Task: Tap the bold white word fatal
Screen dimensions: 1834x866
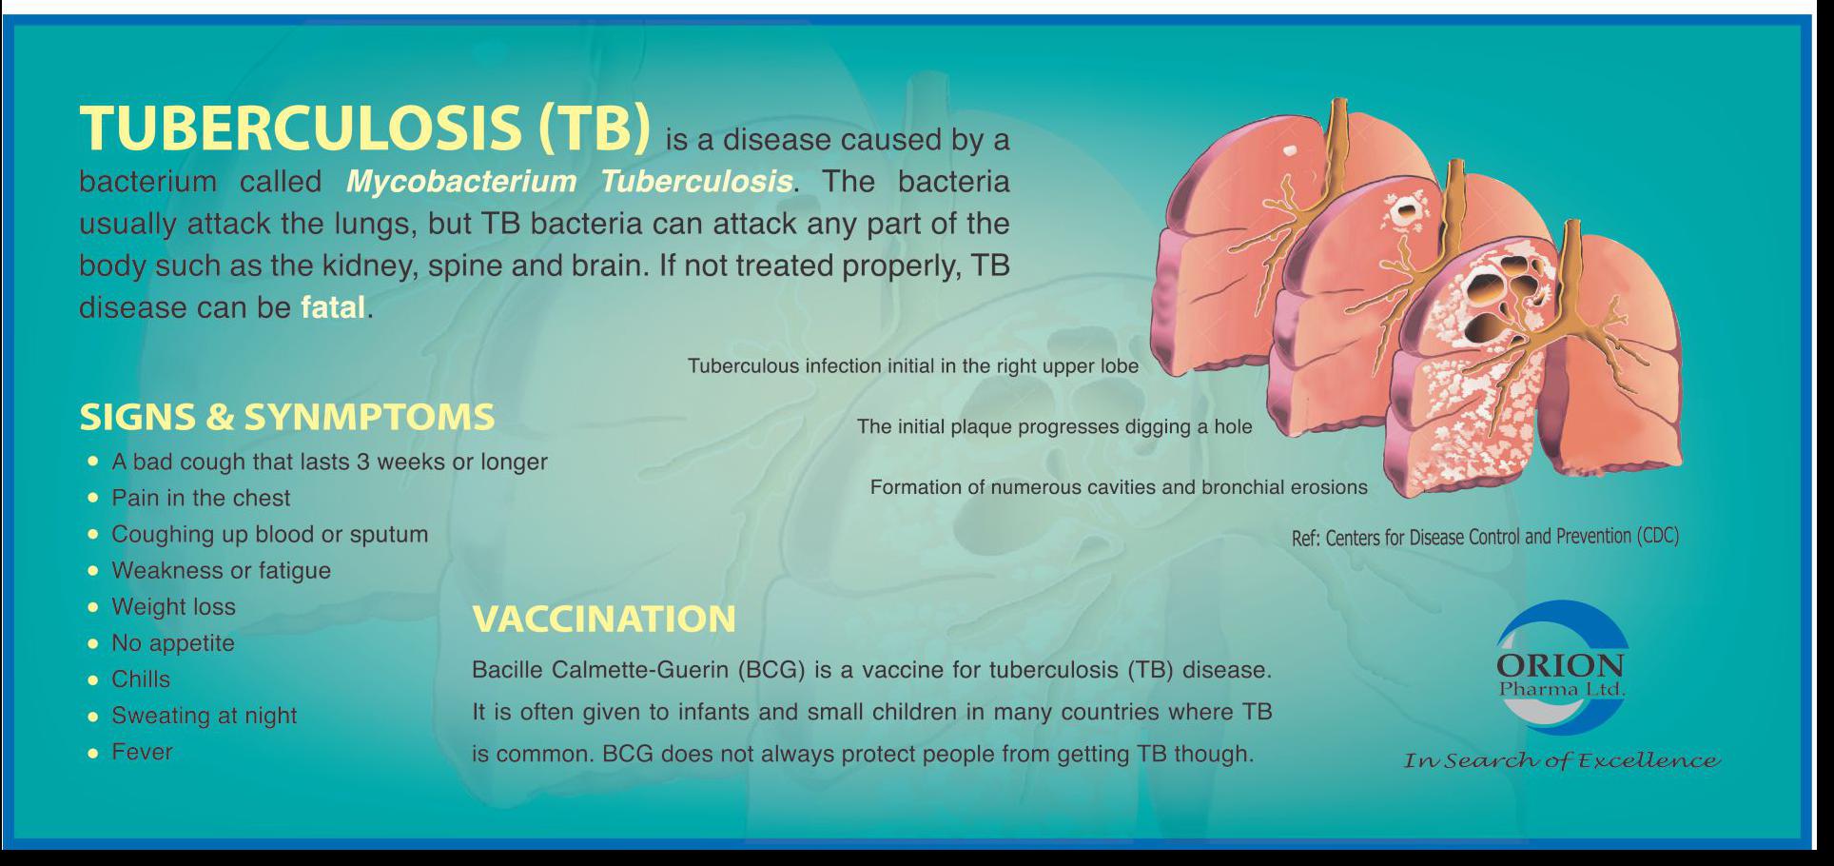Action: coord(333,307)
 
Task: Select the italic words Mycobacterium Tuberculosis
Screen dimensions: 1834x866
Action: coord(570,181)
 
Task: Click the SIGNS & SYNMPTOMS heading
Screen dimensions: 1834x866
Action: coord(287,417)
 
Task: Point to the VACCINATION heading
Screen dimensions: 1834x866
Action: coord(604,619)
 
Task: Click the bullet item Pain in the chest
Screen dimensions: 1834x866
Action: coord(201,498)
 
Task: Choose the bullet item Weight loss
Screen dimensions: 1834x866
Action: coord(173,606)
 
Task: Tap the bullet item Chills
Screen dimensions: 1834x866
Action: coord(141,679)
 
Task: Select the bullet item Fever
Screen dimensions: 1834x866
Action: coord(142,752)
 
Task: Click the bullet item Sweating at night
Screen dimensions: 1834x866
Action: coord(204,716)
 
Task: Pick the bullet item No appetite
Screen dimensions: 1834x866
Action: coord(172,643)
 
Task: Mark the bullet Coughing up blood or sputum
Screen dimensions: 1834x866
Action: coord(269,534)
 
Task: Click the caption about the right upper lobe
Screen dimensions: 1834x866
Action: coord(913,366)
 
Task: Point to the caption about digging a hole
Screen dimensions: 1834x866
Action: coord(1054,426)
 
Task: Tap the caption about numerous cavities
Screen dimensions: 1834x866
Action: coord(1119,487)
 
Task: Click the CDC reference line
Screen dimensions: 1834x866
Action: coord(1485,537)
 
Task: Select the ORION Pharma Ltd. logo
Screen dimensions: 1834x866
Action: coord(1560,669)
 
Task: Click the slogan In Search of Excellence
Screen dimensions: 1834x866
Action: coord(1562,760)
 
